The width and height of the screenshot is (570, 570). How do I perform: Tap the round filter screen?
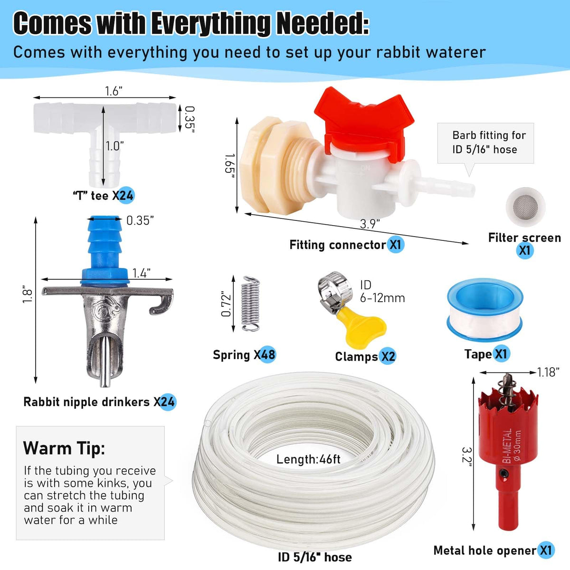525,205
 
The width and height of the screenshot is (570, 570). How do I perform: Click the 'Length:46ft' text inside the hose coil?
308,459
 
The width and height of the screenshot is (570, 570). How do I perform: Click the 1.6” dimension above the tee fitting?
114,91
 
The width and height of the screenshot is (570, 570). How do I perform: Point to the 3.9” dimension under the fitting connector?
370,224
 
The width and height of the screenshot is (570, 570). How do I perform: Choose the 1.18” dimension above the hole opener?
549,372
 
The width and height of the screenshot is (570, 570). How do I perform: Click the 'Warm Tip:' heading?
64,448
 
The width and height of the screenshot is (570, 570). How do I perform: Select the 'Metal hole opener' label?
485,551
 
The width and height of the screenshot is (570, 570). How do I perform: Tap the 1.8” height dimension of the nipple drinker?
27,294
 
